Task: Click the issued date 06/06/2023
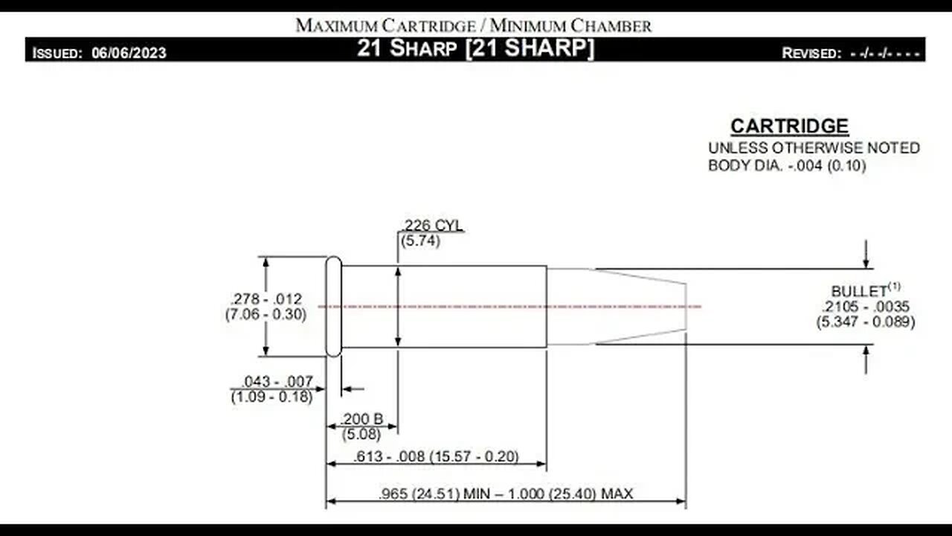(x=129, y=53)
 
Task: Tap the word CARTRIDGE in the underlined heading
(x=790, y=126)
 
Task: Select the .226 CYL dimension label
(x=432, y=225)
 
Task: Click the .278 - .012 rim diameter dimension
(x=266, y=299)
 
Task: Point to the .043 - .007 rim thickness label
(x=277, y=381)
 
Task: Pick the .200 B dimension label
(x=361, y=419)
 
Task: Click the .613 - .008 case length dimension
(x=389, y=456)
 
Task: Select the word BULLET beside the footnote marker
(x=859, y=291)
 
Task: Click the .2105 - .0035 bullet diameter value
(x=865, y=306)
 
